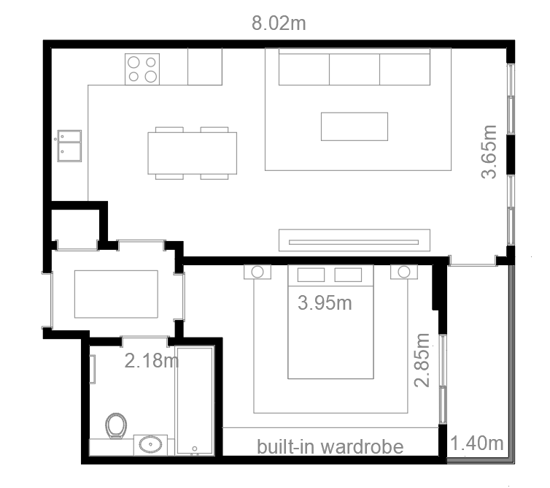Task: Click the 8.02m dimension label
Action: (x=279, y=23)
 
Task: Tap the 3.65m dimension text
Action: (x=489, y=152)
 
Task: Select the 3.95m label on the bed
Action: (x=325, y=303)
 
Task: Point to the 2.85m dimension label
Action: (x=422, y=360)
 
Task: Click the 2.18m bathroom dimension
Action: (x=152, y=360)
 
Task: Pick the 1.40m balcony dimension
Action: (x=476, y=443)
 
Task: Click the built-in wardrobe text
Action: (x=330, y=446)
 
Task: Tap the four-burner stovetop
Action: (x=142, y=69)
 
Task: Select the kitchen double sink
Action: (x=69, y=146)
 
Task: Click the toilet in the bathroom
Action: (x=116, y=425)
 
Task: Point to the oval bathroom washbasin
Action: (x=150, y=445)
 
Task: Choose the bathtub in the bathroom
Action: (x=195, y=400)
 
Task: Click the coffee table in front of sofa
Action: (x=355, y=126)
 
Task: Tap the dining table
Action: (x=193, y=153)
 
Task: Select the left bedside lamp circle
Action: (x=257, y=272)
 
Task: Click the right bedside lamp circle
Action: (x=404, y=272)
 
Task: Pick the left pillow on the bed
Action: (x=311, y=275)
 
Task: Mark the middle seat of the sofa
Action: (x=355, y=69)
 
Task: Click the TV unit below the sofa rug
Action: (x=355, y=240)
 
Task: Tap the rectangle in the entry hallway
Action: (x=116, y=294)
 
